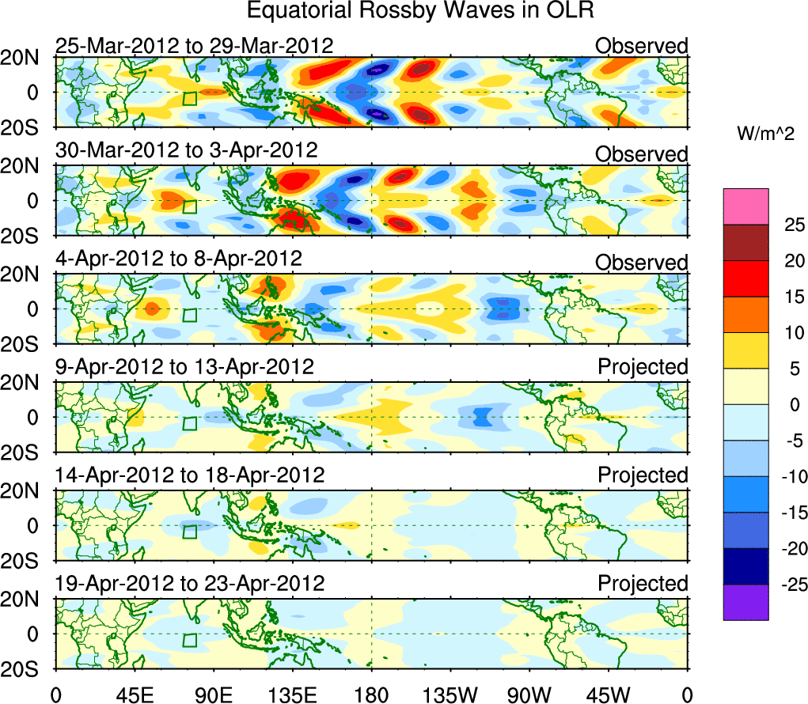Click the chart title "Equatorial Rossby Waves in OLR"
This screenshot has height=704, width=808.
click(420, 11)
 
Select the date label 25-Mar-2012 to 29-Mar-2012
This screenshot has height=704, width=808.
click(194, 46)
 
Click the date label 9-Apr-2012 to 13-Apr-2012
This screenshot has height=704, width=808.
click(184, 367)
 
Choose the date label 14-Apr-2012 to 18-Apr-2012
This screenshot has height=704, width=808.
click(190, 475)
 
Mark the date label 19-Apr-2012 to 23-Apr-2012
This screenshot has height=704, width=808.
click(190, 584)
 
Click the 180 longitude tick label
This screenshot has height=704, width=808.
click(372, 695)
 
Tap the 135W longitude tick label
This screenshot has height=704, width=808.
click(451, 695)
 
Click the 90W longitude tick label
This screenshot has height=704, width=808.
click(530, 695)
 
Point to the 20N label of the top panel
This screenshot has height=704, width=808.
click(26, 57)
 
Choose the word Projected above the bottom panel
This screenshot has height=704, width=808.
click(643, 584)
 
